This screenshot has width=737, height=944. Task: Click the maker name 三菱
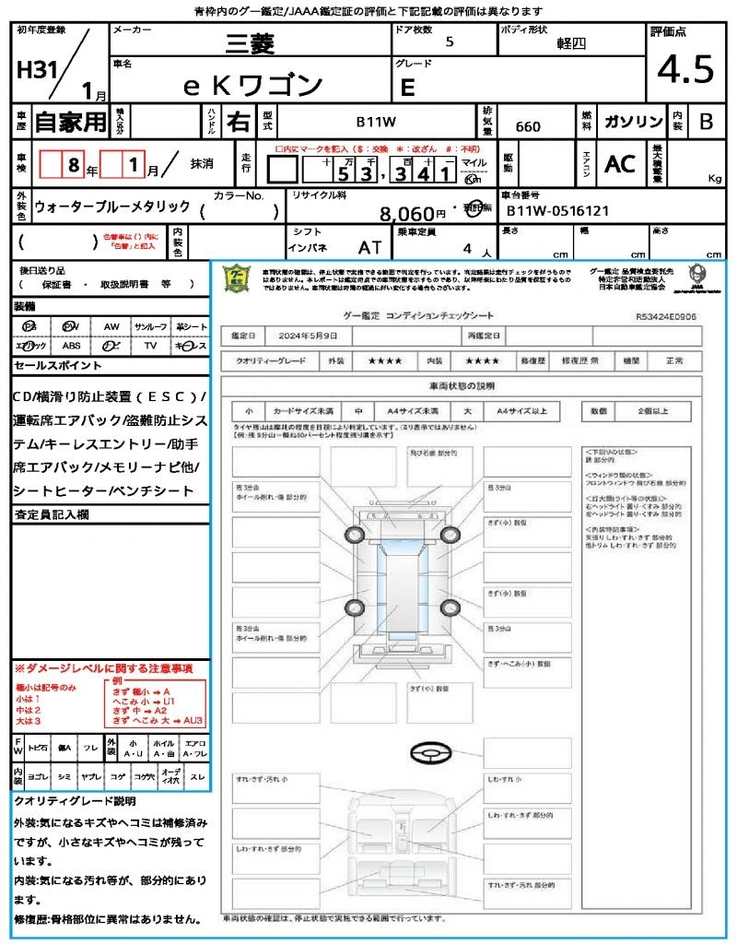252,43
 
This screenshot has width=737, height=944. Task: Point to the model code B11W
376,123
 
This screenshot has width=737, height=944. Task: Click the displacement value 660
528,126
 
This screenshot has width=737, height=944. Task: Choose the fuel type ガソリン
633,123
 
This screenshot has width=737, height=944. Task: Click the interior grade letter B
706,123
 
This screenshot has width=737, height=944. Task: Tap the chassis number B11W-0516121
557,211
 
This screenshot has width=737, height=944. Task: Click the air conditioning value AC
620,164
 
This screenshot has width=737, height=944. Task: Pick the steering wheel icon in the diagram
428,754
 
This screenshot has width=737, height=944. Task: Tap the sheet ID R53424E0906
665,315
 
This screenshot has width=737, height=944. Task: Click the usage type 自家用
70,122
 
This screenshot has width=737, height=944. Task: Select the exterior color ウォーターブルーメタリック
112,207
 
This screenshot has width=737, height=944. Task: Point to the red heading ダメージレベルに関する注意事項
106,667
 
